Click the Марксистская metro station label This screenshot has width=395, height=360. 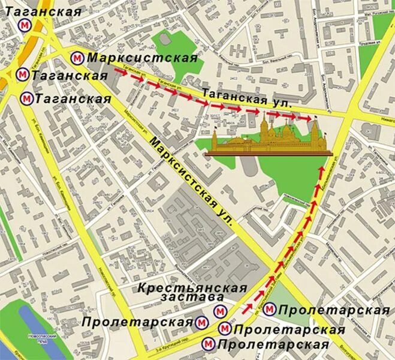pyautogui.click(x=142, y=58)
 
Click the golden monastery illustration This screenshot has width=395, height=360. pyautogui.click(x=267, y=140)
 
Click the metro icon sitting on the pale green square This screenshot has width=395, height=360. pyautogui.click(x=270, y=310)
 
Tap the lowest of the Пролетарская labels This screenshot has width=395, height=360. pyautogui.click(x=273, y=344)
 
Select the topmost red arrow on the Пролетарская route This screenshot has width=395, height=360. pyautogui.click(x=322, y=173)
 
